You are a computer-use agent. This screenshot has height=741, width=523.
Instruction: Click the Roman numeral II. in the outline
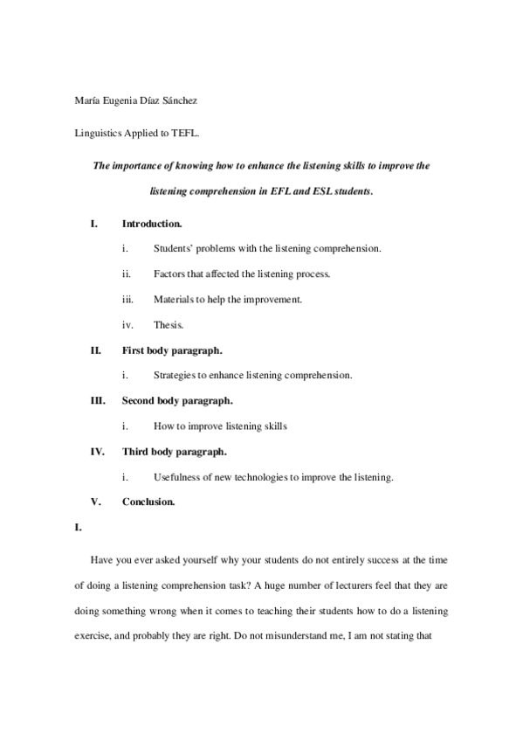coord(95,350)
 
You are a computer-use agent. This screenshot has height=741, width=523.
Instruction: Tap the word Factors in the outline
coord(169,274)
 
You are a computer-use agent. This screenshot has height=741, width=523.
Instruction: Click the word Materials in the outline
coord(174,300)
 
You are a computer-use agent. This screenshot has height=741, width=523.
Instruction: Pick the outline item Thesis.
coord(169,325)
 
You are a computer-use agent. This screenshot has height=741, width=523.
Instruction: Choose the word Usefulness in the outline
coord(179,477)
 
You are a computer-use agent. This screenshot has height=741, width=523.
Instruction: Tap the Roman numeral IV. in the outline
coord(97,452)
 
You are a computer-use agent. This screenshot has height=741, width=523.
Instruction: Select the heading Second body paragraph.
coord(177,401)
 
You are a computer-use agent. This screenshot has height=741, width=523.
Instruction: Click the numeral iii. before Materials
coord(127,300)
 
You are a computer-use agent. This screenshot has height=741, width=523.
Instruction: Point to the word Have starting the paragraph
coord(101,558)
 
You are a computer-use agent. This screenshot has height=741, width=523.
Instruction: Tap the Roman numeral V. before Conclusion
coord(95,502)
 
